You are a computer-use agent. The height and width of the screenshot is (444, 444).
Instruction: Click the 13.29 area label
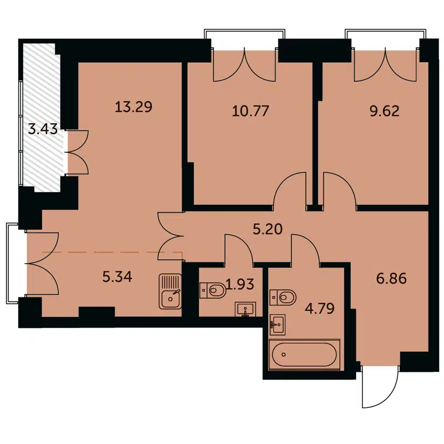coord(133,107)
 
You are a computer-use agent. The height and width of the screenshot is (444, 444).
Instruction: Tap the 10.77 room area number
coord(250,110)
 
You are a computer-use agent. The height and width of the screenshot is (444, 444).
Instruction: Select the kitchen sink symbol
coord(170,291)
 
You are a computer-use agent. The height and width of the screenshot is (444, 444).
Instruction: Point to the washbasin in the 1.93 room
coord(245,309)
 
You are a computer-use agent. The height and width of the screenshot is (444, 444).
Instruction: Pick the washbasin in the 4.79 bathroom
coord(277,325)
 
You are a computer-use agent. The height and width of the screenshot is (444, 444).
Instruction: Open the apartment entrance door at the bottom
coord(380,389)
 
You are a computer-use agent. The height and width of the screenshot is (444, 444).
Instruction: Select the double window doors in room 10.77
coord(245,65)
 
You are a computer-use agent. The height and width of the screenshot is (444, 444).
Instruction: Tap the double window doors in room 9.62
coord(386,65)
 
